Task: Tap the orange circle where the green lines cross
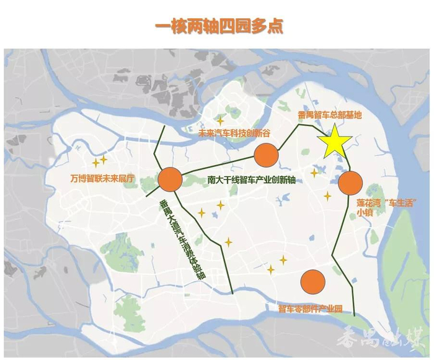pos(169,179)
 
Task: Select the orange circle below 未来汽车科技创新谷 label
pos(265,155)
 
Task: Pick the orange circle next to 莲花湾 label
pos(350,182)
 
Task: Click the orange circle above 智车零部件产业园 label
pos(312,282)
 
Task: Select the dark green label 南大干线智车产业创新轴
pos(252,181)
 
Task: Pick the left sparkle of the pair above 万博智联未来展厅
pos(95,163)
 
